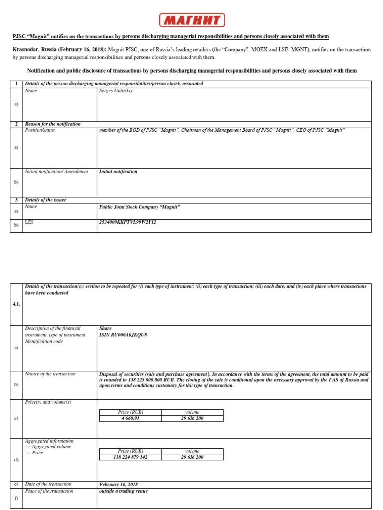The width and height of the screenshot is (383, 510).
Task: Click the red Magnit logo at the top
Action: [x=192, y=20]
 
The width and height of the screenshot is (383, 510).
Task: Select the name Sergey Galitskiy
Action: [x=116, y=91]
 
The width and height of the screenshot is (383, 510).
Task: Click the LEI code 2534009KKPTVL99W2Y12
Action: [x=128, y=222]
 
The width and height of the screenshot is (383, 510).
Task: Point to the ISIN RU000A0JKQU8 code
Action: [x=123, y=335]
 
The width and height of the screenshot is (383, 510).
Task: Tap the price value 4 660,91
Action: [x=131, y=418]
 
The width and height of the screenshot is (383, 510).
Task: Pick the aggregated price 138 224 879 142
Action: [x=131, y=457]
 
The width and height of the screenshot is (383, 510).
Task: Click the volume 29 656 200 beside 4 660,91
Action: [x=192, y=418]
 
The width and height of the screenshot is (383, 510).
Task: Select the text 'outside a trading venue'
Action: [x=123, y=491]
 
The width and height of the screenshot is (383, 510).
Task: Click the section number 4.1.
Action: [x=16, y=304]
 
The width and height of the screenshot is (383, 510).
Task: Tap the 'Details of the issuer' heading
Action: [x=45, y=200]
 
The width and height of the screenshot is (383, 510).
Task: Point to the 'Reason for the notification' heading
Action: [x=53, y=124]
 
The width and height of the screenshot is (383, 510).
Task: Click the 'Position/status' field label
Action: [x=41, y=130]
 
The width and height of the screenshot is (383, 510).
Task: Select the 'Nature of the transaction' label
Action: [x=50, y=374]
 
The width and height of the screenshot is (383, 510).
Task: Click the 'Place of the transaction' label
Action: [x=49, y=491]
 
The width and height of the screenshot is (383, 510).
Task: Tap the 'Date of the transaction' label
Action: [x=48, y=484]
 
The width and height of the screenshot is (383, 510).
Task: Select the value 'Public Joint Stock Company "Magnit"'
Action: [x=139, y=207]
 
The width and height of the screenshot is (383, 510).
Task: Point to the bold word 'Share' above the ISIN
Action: [x=105, y=329]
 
